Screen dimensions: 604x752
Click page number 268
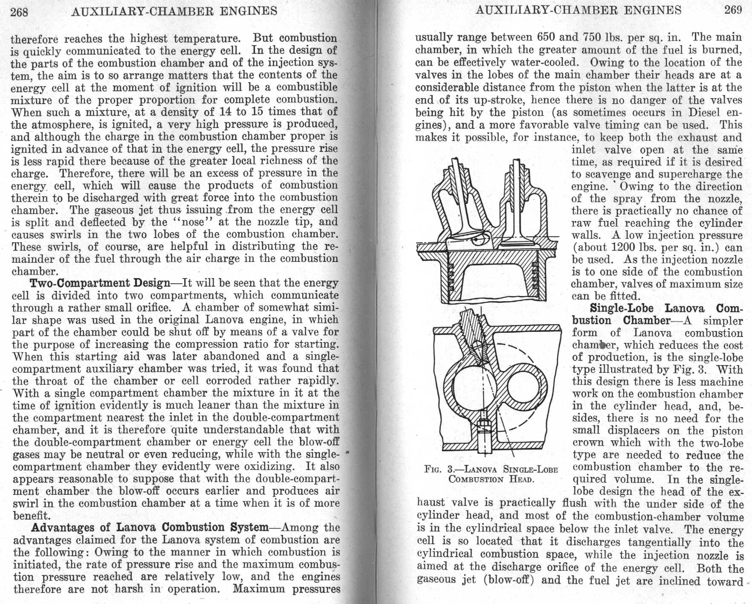19,12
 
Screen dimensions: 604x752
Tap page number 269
733,10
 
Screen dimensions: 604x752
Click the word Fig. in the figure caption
433,470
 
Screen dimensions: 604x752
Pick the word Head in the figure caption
521,479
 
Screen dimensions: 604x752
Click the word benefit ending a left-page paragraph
32,515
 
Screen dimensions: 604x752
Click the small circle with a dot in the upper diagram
477,241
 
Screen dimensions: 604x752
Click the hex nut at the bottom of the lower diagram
482,425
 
